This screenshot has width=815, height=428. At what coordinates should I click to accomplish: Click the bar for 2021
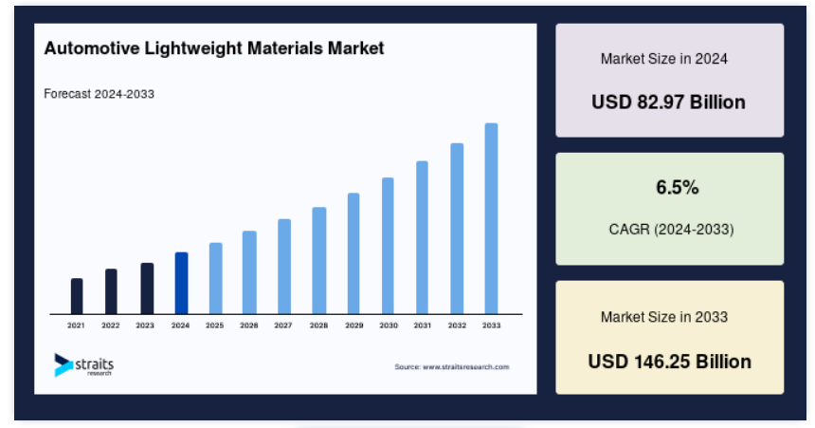coord(77,296)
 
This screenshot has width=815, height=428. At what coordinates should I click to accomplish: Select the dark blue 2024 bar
coord(181,283)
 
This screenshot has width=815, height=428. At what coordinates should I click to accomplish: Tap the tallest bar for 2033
coord(491,218)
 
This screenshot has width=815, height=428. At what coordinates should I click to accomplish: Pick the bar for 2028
coord(319,261)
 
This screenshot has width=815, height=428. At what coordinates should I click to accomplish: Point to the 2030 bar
coord(388,246)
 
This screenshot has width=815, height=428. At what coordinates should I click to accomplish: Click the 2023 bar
coord(147,288)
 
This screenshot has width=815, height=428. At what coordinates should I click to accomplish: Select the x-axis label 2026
coord(249,326)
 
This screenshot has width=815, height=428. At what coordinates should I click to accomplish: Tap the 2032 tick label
coord(457,326)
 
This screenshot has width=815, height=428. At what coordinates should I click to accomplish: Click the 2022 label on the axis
coord(110,326)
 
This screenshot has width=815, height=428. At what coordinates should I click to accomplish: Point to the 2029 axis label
coord(354,326)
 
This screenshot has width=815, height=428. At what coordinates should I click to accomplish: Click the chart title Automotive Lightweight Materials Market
coord(213,48)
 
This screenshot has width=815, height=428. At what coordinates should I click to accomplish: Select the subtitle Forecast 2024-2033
coord(99,94)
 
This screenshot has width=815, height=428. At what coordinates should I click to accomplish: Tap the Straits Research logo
coord(83,364)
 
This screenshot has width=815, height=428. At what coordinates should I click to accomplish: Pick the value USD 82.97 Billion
coord(668,102)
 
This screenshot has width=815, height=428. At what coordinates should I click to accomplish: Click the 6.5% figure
coord(678,187)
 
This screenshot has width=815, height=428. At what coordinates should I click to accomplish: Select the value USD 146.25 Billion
coord(669,362)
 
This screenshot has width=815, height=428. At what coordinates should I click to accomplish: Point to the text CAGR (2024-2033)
coord(671,229)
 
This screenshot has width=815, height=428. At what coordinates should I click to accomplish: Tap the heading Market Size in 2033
coord(664,317)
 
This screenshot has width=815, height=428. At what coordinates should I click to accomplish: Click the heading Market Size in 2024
coord(664,59)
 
